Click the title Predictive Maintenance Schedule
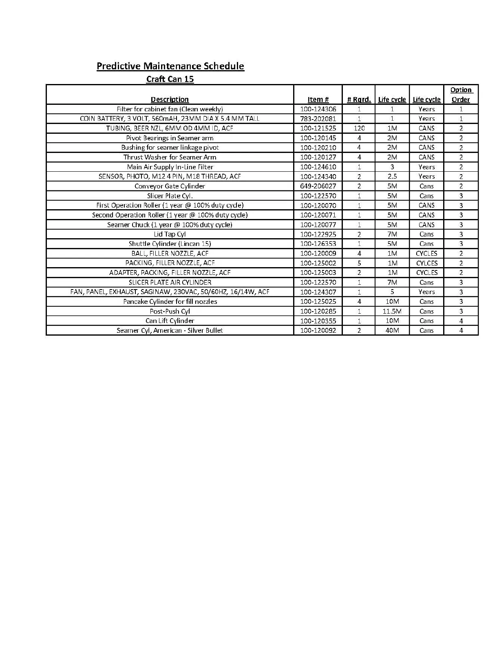[x=170, y=66]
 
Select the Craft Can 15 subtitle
[x=170, y=79]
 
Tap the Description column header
[x=170, y=100]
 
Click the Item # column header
[x=318, y=100]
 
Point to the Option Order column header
[x=461, y=95]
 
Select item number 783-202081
[x=318, y=119]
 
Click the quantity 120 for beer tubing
[x=359, y=128]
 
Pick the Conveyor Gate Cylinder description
[x=170, y=186]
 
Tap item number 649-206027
[x=318, y=186]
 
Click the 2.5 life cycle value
[x=392, y=176]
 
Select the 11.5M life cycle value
[x=392, y=311]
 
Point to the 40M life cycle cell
[x=392, y=330]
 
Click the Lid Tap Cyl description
[x=170, y=234]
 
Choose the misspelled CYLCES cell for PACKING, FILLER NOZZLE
[x=426, y=263]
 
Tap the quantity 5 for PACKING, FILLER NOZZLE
[x=359, y=263]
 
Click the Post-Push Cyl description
[x=170, y=311]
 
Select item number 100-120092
[x=318, y=330]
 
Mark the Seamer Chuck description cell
[x=170, y=225]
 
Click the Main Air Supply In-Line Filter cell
[x=170, y=167]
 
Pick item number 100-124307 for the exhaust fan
[x=318, y=292]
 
